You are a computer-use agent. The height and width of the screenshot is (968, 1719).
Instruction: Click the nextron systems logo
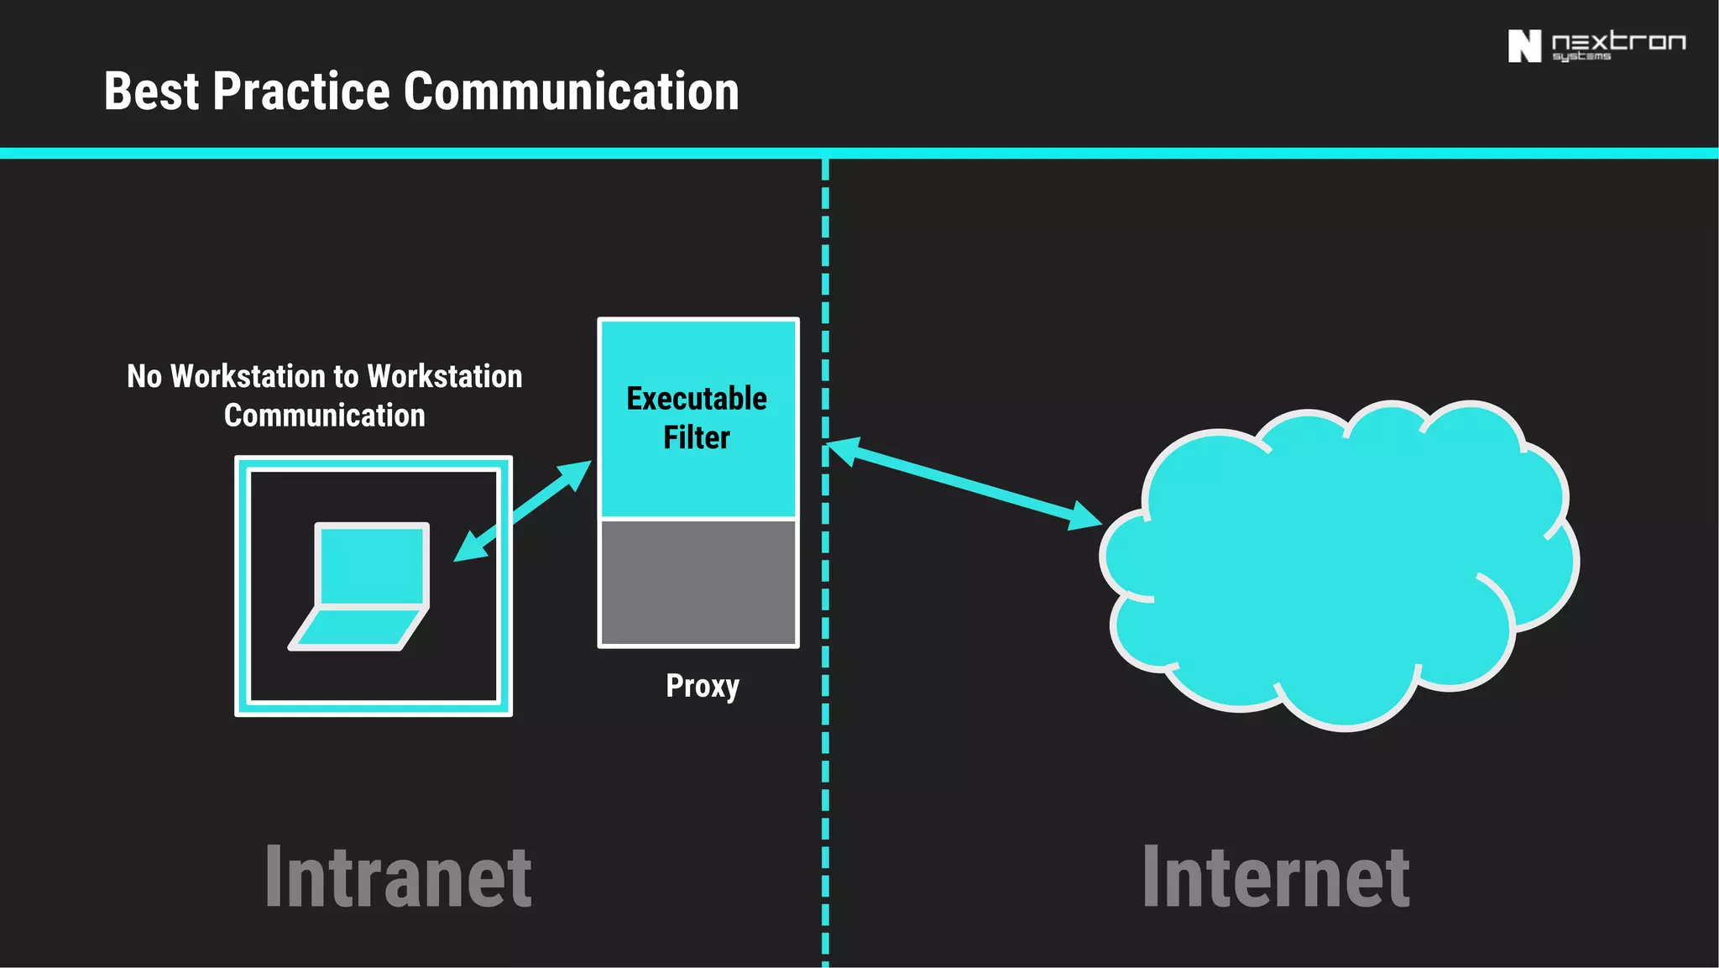(1596, 46)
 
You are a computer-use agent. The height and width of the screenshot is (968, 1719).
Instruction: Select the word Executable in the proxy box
(697, 399)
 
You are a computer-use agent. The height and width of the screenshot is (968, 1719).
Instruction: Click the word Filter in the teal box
(697, 437)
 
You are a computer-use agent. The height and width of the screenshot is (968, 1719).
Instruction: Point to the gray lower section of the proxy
(698, 583)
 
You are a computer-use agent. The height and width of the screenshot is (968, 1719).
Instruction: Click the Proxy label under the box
(703, 686)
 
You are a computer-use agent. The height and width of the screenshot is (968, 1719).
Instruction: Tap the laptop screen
(372, 563)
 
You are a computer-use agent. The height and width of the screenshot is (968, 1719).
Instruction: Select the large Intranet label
(398, 877)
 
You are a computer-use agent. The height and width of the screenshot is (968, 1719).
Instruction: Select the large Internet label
(1276, 877)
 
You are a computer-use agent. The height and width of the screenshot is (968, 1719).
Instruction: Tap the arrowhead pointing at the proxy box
(577, 473)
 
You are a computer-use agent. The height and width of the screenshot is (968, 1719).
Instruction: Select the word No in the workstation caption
(144, 376)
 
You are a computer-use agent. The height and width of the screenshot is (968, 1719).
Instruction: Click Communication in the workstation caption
(324, 416)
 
